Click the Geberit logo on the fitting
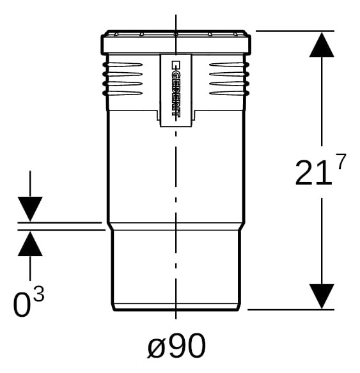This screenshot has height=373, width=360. tap(176, 89)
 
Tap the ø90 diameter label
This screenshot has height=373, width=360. tap(176, 346)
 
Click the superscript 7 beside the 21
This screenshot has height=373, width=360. tap(340, 162)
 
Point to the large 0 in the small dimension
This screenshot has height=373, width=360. tap(22, 304)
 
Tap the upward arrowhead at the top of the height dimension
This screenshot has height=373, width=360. tap(322, 45)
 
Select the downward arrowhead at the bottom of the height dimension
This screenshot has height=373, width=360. tap(322, 296)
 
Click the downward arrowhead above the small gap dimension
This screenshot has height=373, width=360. tap(30, 209)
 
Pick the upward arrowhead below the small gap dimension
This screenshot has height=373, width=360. tap(30, 244)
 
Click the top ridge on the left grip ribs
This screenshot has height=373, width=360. tap(122, 65)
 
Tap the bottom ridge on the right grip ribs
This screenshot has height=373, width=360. tap(229, 93)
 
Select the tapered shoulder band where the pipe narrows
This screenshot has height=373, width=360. tap(176, 227)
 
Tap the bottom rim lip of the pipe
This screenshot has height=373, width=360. tap(176, 307)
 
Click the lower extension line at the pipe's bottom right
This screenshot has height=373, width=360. tap(291, 310)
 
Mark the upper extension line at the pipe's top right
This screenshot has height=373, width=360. tap(295, 31)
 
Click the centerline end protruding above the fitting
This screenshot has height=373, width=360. tap(176, 22)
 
